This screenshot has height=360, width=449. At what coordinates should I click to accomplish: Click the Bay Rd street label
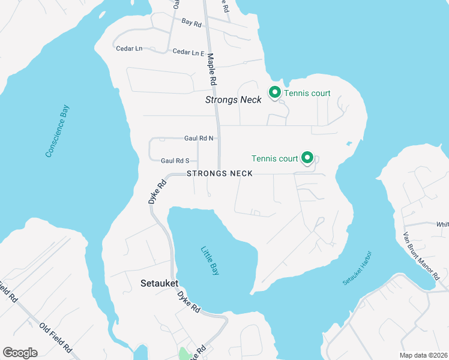[191, 22]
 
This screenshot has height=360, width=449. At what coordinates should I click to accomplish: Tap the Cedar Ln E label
[188, 52]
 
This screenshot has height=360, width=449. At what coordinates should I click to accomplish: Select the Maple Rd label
[211, 68]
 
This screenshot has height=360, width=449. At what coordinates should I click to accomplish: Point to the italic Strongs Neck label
[234, 100]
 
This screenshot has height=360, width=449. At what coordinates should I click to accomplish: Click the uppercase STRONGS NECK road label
[219, 173]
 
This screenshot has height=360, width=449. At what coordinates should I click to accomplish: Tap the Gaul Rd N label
[199, 138]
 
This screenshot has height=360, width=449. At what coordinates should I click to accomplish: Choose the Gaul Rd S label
[175, 160]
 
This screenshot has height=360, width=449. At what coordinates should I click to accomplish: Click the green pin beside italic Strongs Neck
[275, 92]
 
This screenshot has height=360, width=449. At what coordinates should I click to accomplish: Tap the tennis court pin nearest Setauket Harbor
[307, 158]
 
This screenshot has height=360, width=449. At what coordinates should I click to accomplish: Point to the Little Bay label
[209, 262]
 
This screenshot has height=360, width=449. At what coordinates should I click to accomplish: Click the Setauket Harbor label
[358, 268]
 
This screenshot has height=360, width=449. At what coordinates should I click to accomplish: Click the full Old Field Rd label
[56, 338]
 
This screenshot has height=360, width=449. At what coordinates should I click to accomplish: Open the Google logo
[20, 353]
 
